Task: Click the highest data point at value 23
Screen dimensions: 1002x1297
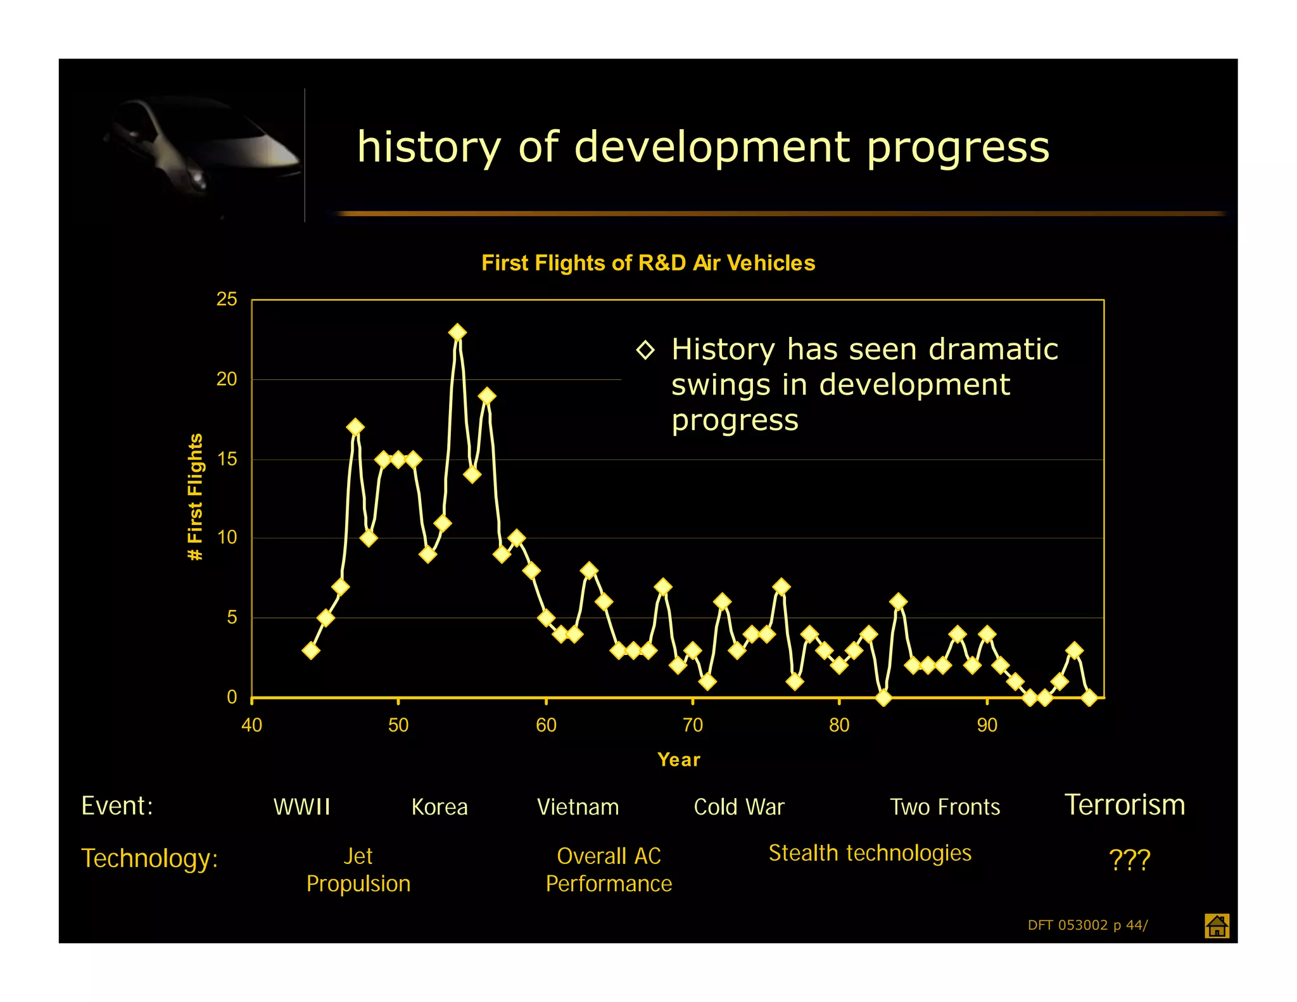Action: coord(457,333)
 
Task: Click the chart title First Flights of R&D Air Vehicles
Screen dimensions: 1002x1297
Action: coord(648,263)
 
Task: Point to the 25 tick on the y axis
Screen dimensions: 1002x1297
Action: coord(227,299)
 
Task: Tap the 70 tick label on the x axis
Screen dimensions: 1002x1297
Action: coord(692,725)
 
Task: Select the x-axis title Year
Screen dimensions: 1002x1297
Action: coord(678,759)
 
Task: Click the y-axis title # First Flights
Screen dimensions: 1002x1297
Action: coord(195,497)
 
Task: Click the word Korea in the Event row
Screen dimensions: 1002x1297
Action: coord(439,807)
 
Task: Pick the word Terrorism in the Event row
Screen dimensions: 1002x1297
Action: coord(1124,805)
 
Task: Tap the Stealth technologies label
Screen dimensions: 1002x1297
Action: coord(870,853)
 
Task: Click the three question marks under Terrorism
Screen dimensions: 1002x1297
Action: coord(1129,859)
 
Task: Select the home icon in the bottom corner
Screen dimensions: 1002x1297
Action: coord(1217,926)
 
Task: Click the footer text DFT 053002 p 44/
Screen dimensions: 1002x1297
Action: coord(1087,925)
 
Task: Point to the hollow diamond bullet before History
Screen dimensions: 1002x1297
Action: coord(645,350)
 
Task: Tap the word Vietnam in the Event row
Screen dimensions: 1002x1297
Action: coord(578,807)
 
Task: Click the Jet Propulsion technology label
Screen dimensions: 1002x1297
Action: coord(358,870)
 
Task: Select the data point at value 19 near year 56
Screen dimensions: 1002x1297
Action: coord(486,396)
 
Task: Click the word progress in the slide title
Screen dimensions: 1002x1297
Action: coord(958,147)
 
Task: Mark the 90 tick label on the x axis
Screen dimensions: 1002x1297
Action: coord(987,725)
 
